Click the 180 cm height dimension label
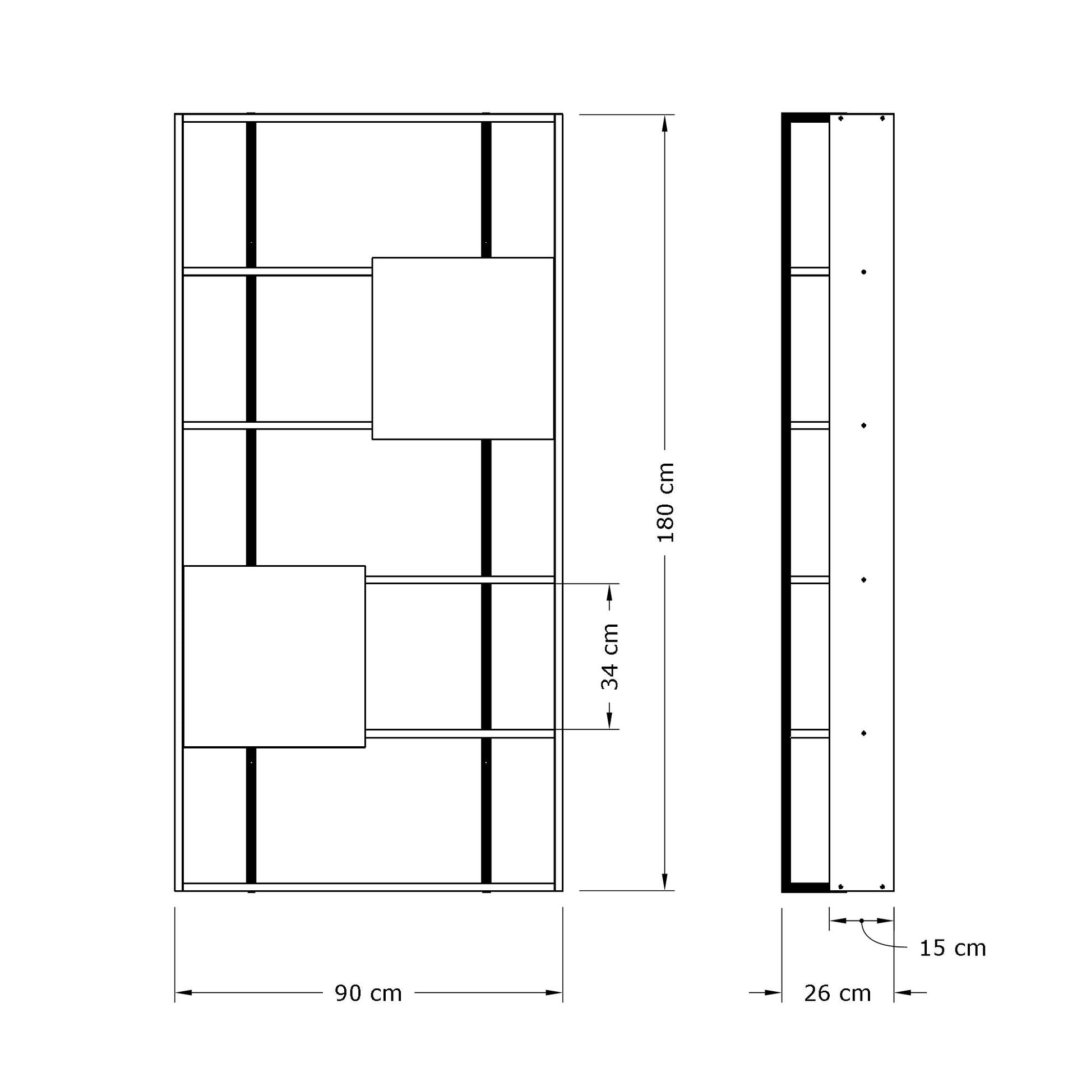point(667,502)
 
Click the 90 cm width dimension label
point(368,993)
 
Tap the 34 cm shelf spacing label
point(610,657)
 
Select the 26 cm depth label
point(838,993)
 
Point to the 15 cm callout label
point(953,948)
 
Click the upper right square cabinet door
point(463,348)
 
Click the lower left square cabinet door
point(275,657)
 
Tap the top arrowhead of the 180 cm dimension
point(665,123)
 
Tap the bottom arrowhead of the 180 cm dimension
point(665,882)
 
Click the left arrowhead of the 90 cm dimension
point(183,993)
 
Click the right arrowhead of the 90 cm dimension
point(554,993)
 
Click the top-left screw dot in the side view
point(841,119)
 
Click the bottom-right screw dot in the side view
point(882,886)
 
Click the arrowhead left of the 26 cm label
point(773,993)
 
